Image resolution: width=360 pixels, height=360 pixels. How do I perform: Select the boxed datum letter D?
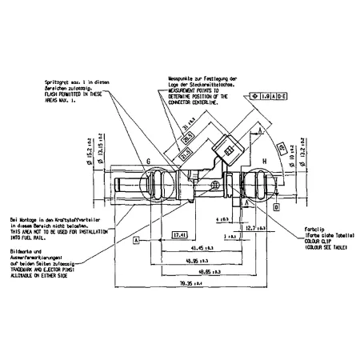tap(276, 207)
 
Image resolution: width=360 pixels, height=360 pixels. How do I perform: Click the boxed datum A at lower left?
tap(137, 238)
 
